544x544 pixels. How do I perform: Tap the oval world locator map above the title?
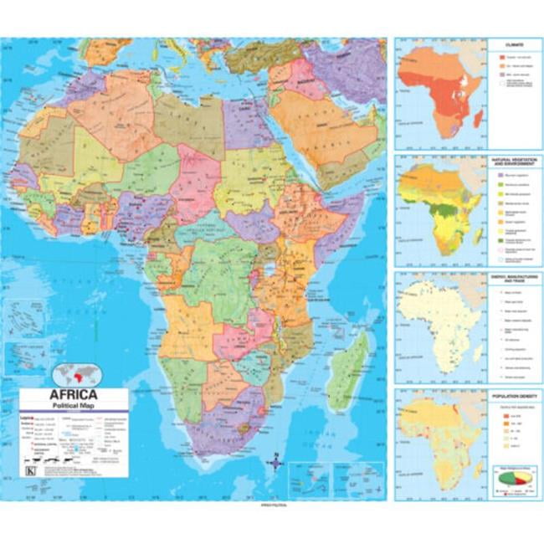(76, 374)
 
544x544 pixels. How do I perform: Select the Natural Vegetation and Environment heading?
(511, 160)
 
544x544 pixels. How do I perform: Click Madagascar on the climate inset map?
(478, 119)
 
